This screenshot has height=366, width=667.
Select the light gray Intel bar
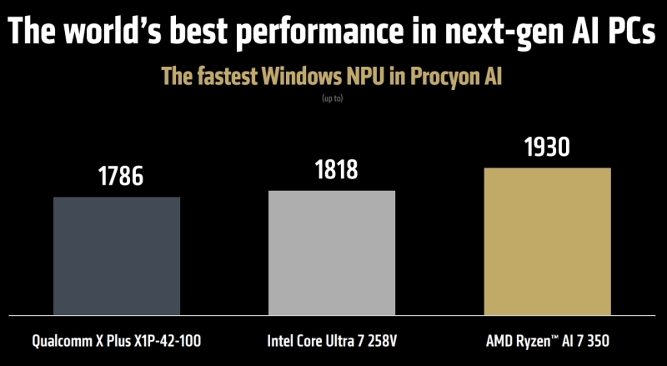tap(332, 253)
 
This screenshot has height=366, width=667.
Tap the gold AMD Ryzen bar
tap(547, 242)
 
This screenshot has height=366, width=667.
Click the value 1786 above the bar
tap(117, 177)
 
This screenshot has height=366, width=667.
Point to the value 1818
tap(332, 170)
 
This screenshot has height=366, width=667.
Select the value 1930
tap(547, 148)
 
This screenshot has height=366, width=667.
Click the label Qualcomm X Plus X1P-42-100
tap(117, 341)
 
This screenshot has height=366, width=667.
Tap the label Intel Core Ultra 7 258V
tap(332, 341)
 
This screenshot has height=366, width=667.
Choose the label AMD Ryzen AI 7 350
tap(547, 341)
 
